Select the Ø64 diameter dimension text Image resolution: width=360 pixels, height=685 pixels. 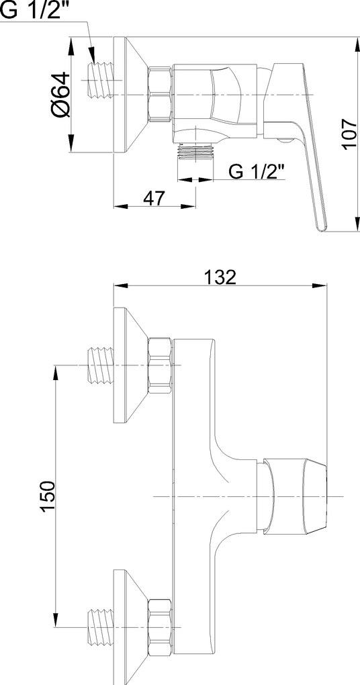[59, 95]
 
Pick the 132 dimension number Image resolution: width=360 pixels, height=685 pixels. [220, 277]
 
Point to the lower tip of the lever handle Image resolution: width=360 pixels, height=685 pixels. [320, 226]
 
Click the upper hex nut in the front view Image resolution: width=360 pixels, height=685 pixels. [160, 365]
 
